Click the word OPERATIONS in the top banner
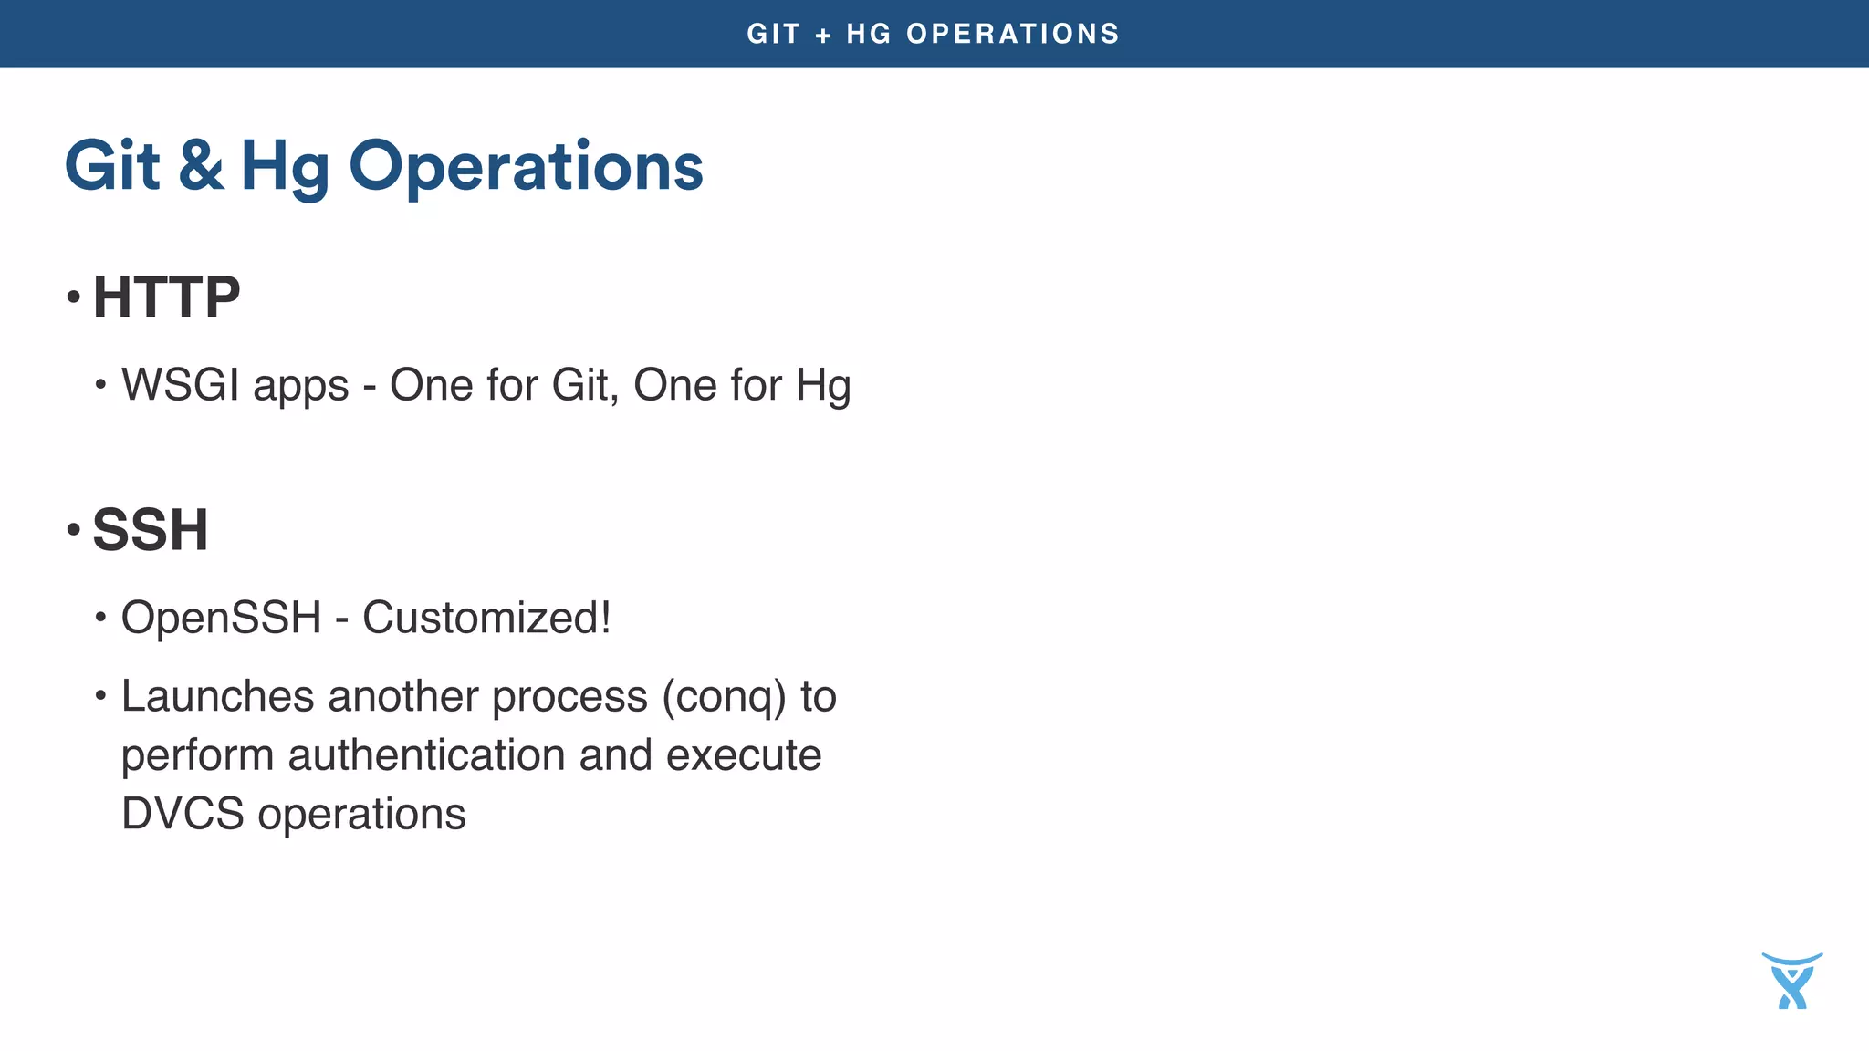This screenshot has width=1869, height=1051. (1013, 34)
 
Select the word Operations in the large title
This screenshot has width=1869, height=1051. (526, 167)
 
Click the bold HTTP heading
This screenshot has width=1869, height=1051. (166, 297)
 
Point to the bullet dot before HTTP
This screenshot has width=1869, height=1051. (74, 297)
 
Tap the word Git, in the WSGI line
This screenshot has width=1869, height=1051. (585, 384)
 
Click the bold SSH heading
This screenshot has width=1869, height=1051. (151, 529)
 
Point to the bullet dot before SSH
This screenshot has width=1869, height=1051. (74, 529)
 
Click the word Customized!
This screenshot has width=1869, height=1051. (486, 618)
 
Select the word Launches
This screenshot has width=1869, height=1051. (217, 696)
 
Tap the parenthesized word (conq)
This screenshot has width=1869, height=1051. (724, 698)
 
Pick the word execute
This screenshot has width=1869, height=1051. (744, 755)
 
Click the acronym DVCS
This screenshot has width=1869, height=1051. (183, 813)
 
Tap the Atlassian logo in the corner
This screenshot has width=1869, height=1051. (1792, 981)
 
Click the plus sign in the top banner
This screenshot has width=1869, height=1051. (823, 35)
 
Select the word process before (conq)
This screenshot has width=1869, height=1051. (569, 698)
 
